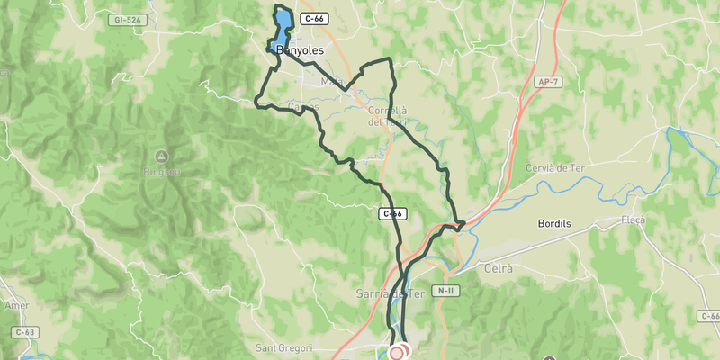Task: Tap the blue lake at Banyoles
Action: pos(281,25)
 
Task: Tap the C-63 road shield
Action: pos(25,332)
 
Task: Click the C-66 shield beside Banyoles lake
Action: pos(314,18)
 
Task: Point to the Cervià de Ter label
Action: pos(560,168)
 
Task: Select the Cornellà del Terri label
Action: pos(389,116)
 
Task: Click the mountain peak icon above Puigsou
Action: pos(161,155)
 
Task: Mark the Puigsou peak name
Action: pos(161,170)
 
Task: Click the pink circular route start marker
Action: pos(397,353)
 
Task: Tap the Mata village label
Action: pos(332,83)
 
